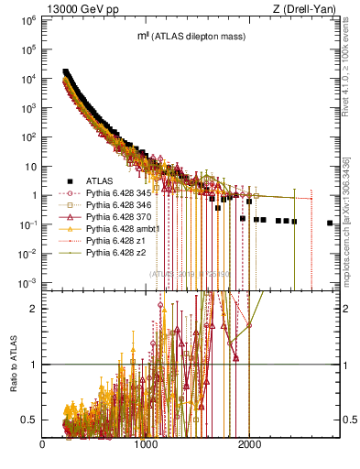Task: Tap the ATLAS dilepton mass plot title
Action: pyautogui.click(x=183, y=36)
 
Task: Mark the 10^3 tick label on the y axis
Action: pyautogui.click(x=27, y=107)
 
